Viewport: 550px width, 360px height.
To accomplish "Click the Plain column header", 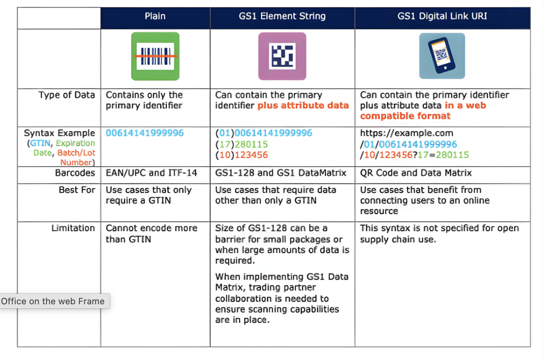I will click(155, 17).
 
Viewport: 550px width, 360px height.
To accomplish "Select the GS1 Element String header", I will click(282, 17).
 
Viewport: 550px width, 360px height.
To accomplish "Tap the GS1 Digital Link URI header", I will click(443, 17).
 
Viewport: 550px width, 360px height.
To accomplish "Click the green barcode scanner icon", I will click(155, 56).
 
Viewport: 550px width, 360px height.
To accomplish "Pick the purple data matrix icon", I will click(282, 56).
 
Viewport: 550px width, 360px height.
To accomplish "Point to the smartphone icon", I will click(442, 56).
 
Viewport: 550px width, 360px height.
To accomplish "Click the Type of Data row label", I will click(67, 95).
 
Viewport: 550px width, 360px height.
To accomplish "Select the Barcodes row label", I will click(75, 173).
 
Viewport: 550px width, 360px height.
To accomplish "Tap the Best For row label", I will click(77, 190).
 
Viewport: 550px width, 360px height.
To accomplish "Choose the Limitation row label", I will click(73, 228).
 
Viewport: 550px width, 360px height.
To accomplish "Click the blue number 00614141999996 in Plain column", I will click(145, 133).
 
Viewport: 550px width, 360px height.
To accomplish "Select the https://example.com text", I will click(406, 133).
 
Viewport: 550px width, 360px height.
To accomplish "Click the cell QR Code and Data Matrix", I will click(416, 173).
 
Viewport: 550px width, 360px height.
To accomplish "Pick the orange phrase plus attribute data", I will click(303, 106).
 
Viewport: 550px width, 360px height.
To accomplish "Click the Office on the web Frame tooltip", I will click(53, 301).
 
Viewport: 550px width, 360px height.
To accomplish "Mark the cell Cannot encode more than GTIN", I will click(151, 234).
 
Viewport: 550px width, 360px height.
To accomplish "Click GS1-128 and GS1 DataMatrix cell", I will click(281, 173).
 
